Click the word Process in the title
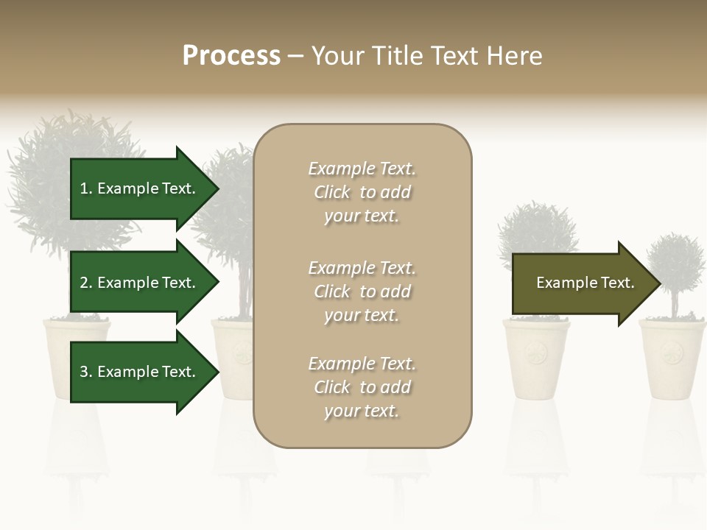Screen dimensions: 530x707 231,56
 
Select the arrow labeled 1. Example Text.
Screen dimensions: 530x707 140,188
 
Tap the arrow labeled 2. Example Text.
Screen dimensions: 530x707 140,283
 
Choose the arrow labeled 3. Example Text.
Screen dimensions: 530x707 140,372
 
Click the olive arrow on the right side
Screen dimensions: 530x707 582,283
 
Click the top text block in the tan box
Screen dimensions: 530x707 362,192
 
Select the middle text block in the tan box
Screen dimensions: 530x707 362,291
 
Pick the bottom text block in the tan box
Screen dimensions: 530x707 362,387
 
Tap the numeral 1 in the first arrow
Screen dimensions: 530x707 84,188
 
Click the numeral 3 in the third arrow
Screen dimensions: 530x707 84,372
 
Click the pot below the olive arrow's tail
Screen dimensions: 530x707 536,359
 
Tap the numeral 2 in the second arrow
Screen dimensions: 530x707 84,283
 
